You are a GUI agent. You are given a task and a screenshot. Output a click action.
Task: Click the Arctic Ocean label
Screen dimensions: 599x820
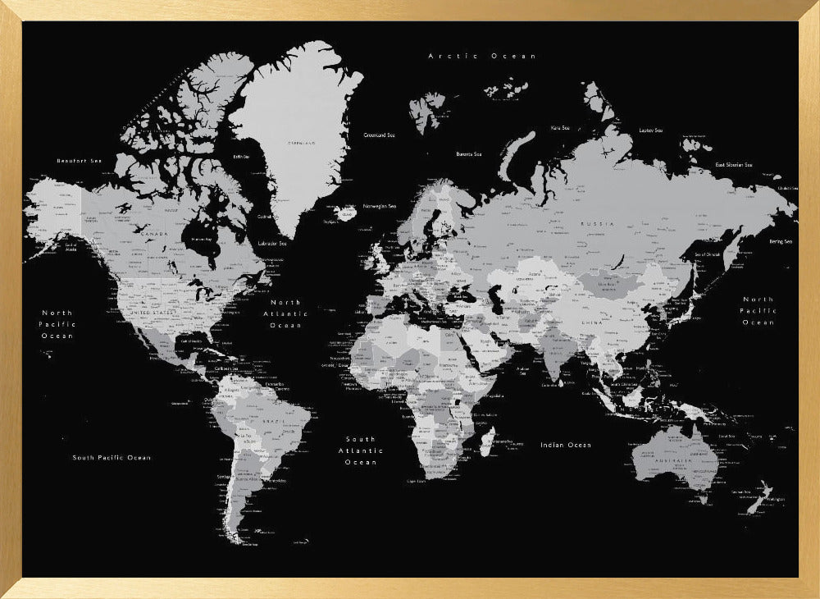click(x=482, y=56)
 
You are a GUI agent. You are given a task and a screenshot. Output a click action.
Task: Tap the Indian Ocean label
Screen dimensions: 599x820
click(x=565, y=445)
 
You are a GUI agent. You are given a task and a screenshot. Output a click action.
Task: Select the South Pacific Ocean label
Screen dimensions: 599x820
click(x=112, y=457)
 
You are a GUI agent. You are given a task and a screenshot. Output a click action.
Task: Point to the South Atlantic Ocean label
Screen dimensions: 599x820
click(x=361, y=450)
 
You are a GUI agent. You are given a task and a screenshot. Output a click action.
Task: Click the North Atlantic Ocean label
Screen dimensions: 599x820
click(x=285, y=313)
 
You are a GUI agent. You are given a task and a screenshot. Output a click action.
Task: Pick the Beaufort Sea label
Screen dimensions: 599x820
click(x=77, y=161)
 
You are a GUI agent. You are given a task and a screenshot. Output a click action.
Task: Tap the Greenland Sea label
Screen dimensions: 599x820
click(x=379, y=135)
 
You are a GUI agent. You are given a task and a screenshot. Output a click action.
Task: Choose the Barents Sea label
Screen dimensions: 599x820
click(x=469, y=154)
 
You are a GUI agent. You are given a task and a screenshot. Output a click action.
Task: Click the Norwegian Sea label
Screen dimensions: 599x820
click(x=380, y=206)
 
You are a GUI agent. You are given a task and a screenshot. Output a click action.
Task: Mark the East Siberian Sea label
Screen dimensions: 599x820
click(x=733, y=165)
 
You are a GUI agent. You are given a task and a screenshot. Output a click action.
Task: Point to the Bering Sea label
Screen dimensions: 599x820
click(x=781, y=241)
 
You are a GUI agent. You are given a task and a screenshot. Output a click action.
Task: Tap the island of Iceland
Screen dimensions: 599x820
click(x=346, y=213)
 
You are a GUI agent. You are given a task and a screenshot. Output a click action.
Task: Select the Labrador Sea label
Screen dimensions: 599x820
click(x=271, y=243)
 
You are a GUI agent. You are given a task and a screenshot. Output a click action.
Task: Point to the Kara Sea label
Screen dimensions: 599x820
click(x=560, y=128)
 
